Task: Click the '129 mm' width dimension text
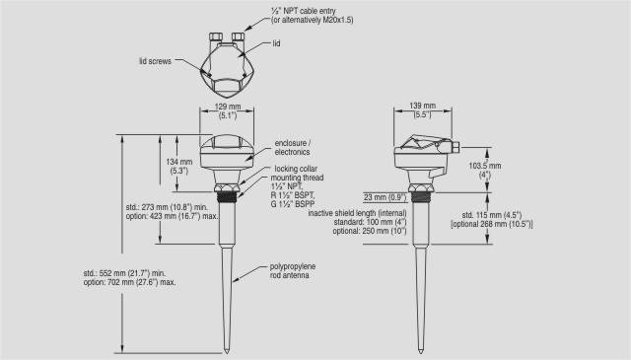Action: pos(228,107)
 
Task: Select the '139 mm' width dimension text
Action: pos(423,106)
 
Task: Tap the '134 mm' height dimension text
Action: pos(179,162)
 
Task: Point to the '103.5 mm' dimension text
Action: pos(485,166)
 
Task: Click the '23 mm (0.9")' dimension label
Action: pos(386,197)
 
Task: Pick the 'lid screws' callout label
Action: pos(156,61)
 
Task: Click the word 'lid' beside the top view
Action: pos(276,43)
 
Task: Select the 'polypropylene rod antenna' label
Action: pos(292,271)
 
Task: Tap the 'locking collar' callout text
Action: pos(296,169)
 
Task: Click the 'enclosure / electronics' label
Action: pos(293,147)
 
